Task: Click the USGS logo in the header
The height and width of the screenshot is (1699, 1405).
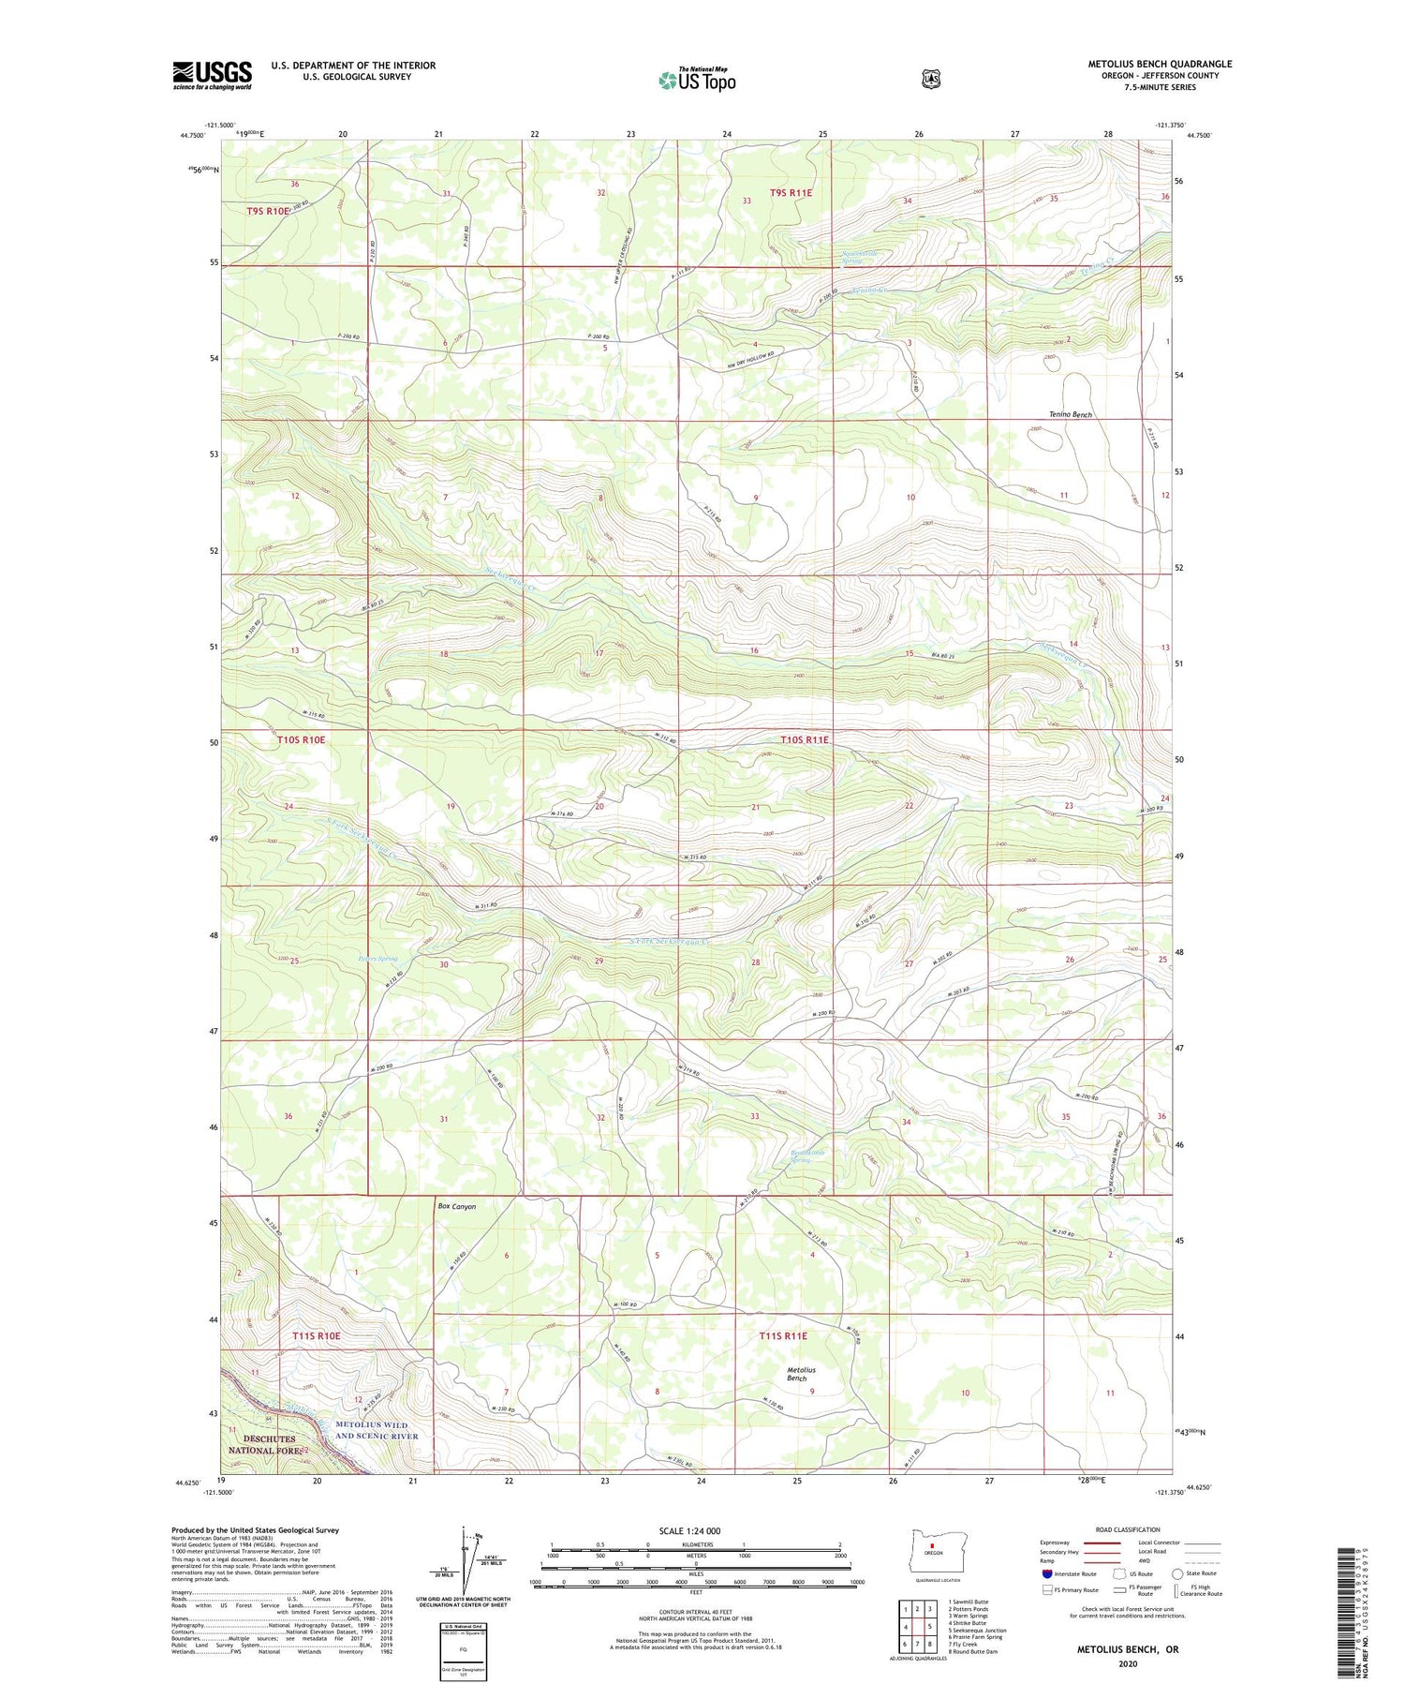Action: [213, 75]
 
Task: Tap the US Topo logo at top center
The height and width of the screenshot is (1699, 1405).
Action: [697, 80]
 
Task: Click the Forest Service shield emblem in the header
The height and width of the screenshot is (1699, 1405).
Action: [931, 80]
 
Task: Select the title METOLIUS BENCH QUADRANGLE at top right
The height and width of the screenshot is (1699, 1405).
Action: [1160, 64]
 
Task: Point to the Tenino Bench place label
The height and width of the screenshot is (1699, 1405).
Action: [1070, 414]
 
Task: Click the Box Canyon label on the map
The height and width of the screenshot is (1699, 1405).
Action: [457, 1207]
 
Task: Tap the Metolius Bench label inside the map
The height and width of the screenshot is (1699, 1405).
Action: [801, 1374]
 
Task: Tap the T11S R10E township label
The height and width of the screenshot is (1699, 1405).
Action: [316, 1335]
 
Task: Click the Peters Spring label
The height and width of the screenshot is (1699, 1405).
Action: [377, 959]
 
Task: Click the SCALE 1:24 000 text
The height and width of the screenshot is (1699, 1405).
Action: [689, 1531]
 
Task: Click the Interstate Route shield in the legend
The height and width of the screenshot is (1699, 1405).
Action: [1047, 1573]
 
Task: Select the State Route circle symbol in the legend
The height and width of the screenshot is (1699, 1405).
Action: [1178, 1573]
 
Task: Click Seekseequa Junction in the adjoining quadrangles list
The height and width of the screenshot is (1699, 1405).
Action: [977, 1630]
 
